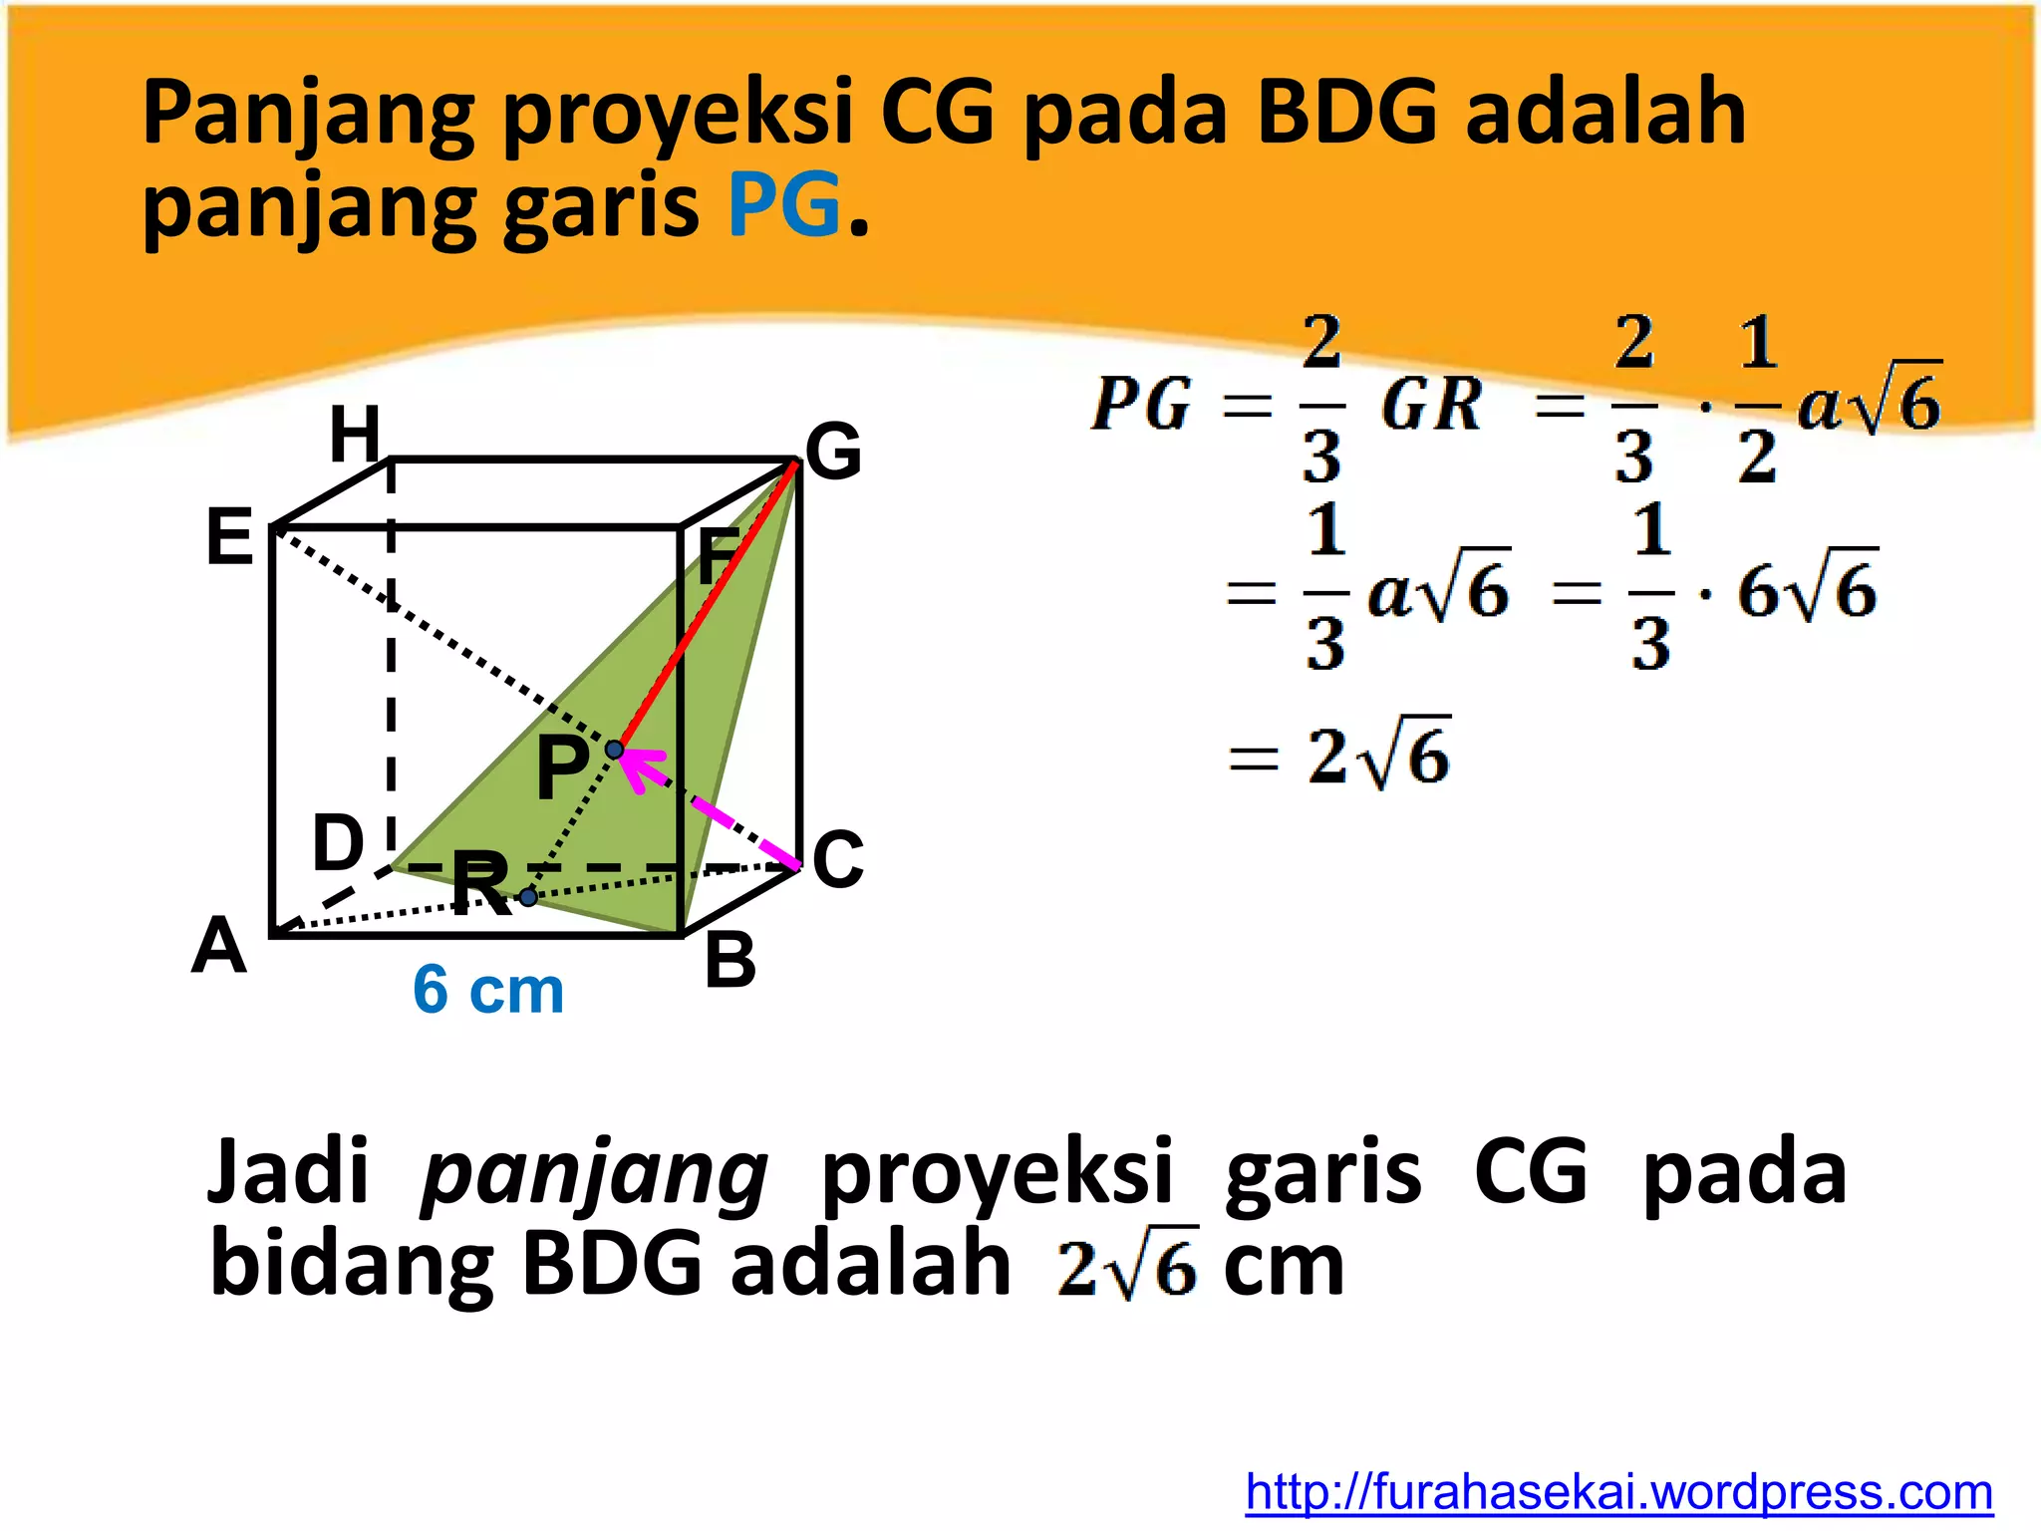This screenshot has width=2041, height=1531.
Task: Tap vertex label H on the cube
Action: [x=355, y=436]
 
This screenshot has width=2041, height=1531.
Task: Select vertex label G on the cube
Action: [x=833, y=452]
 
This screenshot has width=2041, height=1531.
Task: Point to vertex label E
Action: [x=229, y=537]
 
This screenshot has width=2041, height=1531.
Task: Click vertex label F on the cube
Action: [x=718, y=557]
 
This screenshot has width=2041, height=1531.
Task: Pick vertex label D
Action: [x=338, y=843]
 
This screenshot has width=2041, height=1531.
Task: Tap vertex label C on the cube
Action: [x=838, y=859]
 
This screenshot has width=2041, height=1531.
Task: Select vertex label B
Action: [x=730, y=962]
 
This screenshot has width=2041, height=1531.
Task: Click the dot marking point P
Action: [x=615, y=750]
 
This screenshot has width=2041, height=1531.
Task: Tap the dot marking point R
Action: [x=528, y=898]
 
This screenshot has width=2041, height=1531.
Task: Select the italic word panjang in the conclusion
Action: [x=594, y=1174]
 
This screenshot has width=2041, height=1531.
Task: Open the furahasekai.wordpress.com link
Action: [x=1618, y=1492]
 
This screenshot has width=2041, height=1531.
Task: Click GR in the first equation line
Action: [x=1431, y=406]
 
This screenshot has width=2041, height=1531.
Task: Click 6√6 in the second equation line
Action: [x=1807, y=590]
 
